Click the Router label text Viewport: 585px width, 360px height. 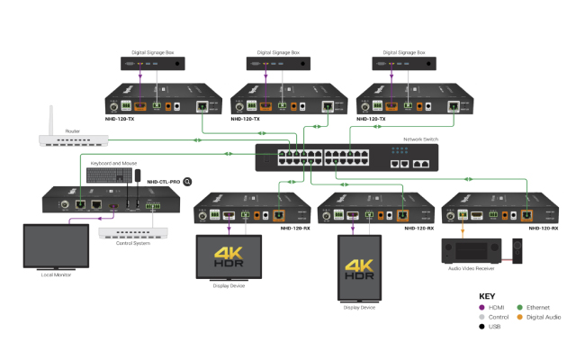point(74,130)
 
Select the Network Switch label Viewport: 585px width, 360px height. point(419,139)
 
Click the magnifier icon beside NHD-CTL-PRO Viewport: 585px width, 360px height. point(188,181)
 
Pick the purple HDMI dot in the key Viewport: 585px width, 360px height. point(482,309)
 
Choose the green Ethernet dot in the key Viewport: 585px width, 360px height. point(521,309)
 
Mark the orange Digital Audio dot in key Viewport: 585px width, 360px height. point(521,317)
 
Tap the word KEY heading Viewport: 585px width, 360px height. point(487,296)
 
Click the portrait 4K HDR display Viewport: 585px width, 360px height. point(359,268)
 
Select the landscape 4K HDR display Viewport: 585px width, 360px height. point(229,256)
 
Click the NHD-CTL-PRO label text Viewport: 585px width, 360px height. point(163,181)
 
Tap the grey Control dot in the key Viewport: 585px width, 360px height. point(482,317)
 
